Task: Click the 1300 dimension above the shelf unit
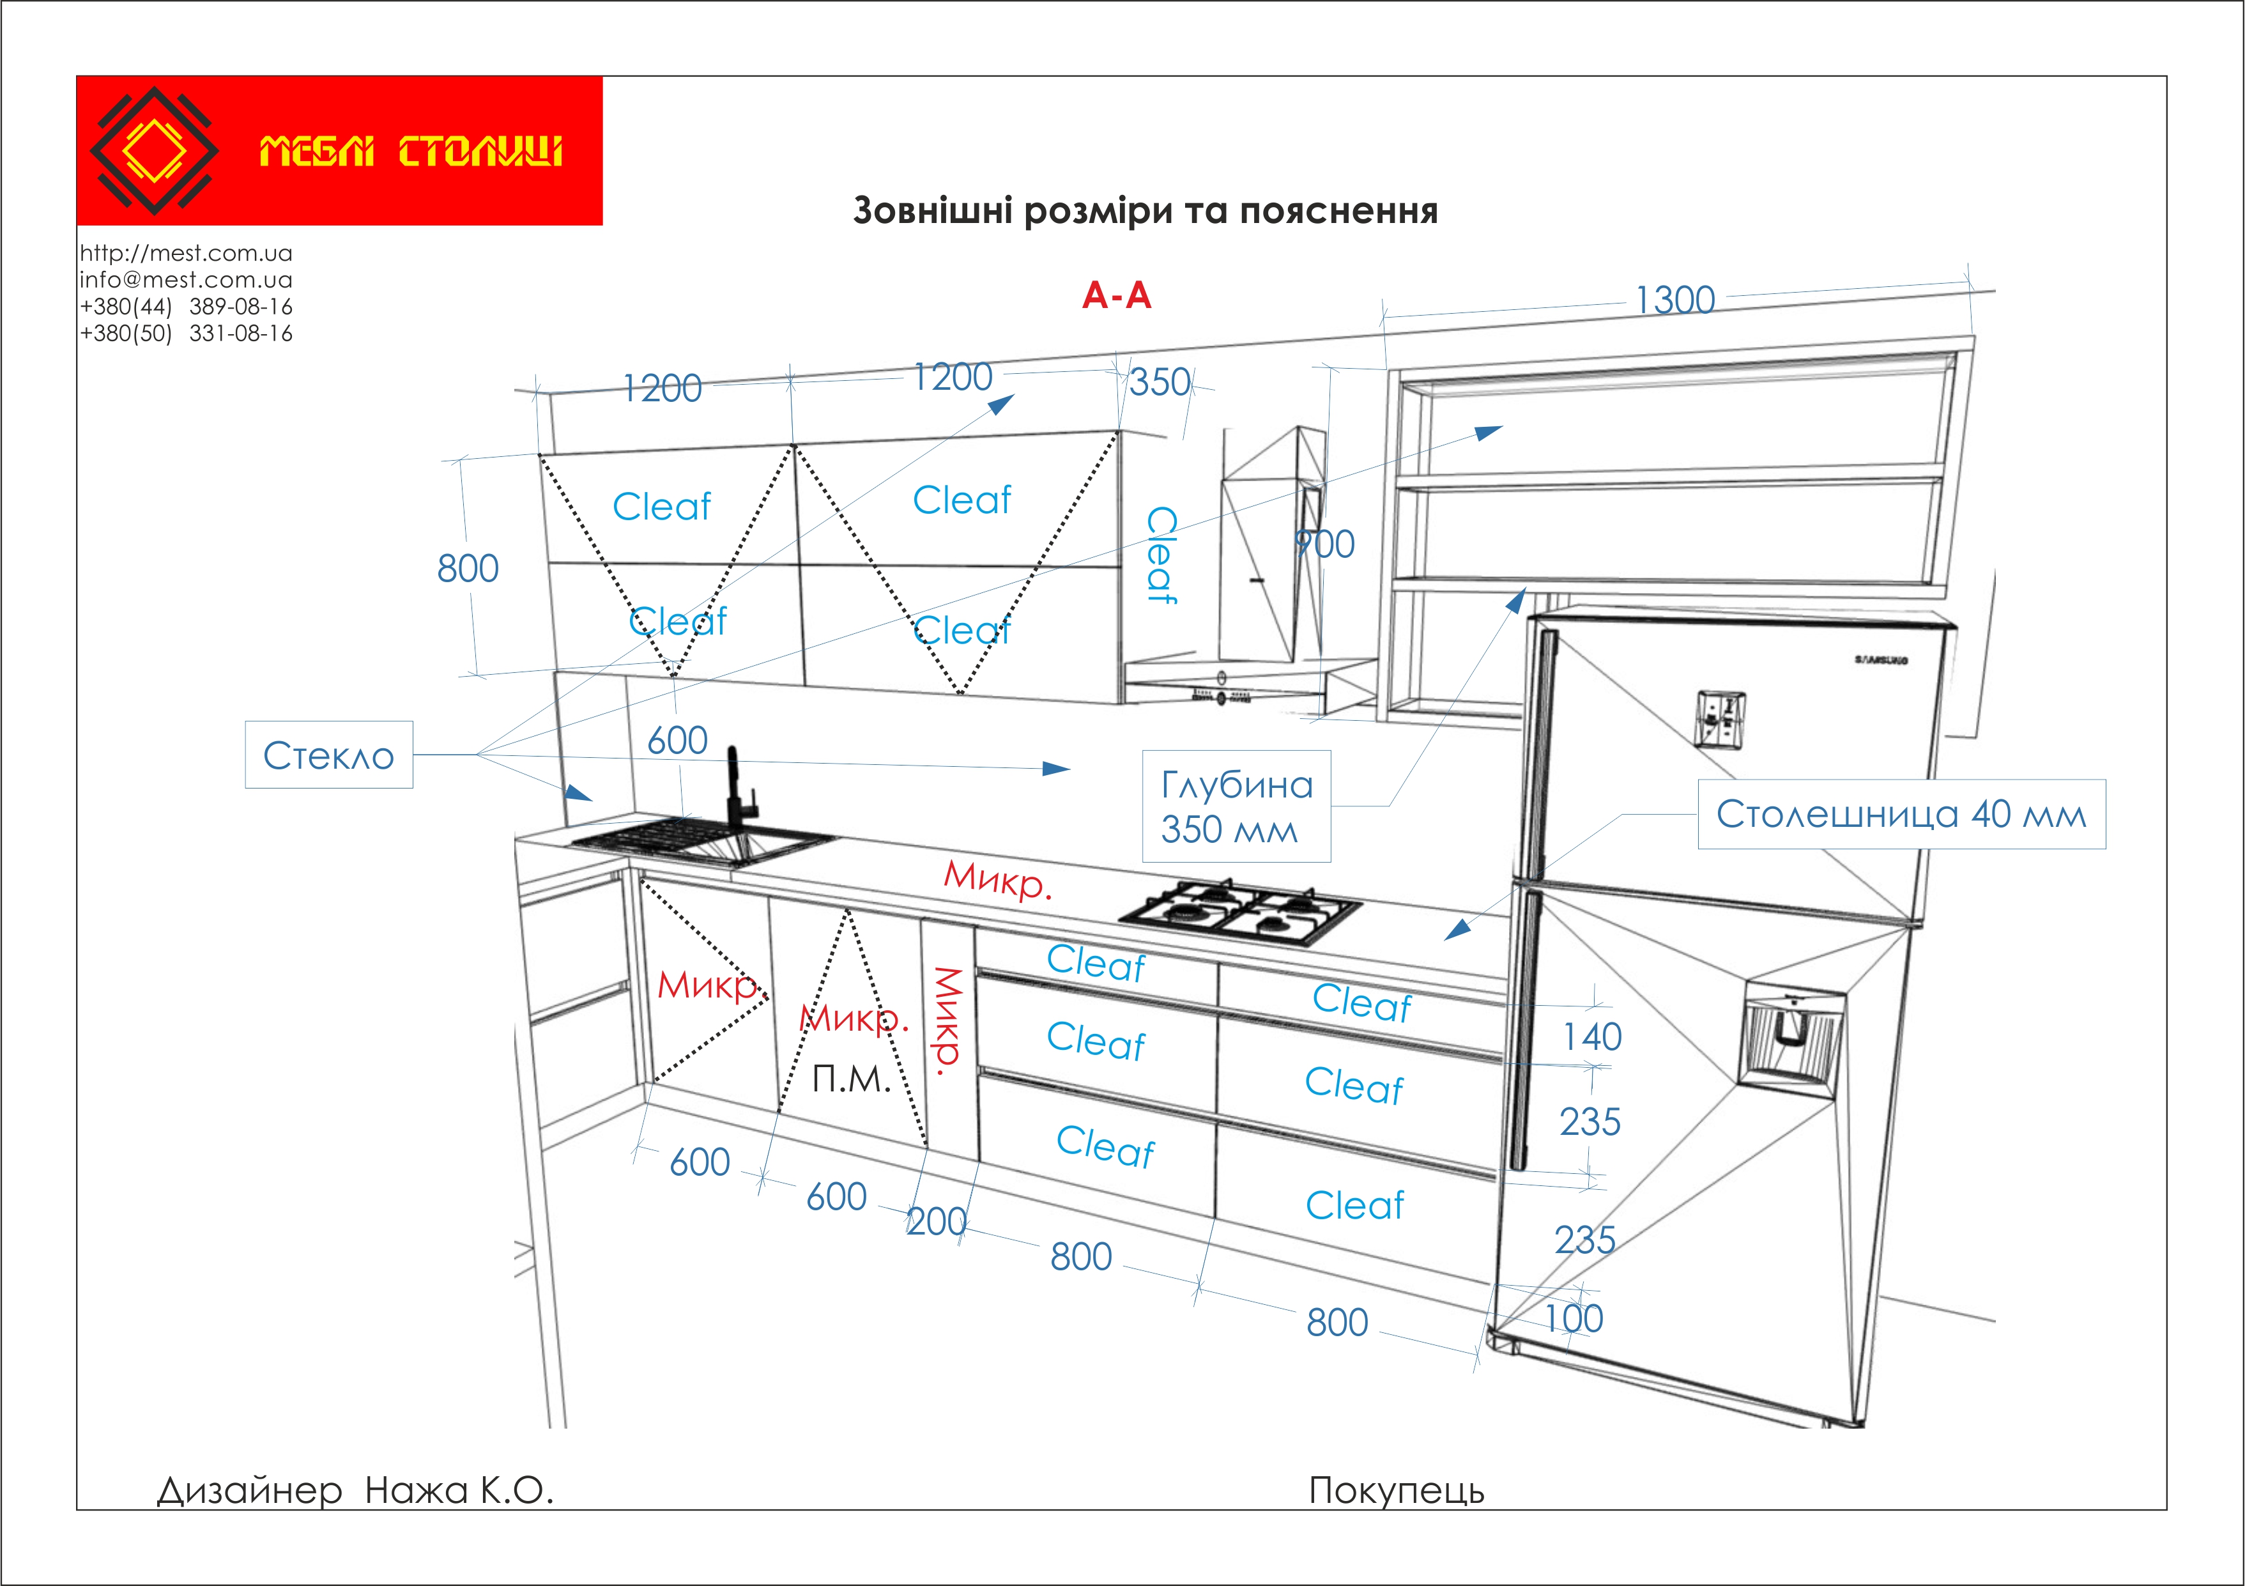pyautogui.click(x=1675, y=300)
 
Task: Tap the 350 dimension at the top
pyautogui.click(x=1160, y=382)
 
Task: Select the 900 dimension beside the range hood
pyautogui.click(x=1325, y=544)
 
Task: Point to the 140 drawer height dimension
pyautogui.click(x=1592, y=1036)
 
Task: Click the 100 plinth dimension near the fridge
pyautogui.click(x=1574, y=1318)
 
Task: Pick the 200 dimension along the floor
pyautogui.click(x=936, y=1221)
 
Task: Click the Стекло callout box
pyautogui.click(x=328, y=755)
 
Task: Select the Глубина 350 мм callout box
pyautogui.click(x=1237, y=806)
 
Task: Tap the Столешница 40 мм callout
pyautogui.click(x=1902, y=813)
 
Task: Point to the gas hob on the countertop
pyautogui.click(x=1240, y=913)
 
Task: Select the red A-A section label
pyautogui.click(x=1117, y=295)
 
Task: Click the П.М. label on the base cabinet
pyautogui.click(x=852, y=1079)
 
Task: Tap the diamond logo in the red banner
pyautogui.click(x=153, y=151)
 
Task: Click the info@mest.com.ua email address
pyautogui.click(x=186, y=280)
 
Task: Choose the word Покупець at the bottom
pyautogui.click(x=1397, y=1490)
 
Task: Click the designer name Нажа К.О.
pyautogui.click(x=459, y=1490)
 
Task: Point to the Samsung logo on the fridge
pyautogui.click(x=1880, y=660)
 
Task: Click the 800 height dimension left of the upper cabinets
pyautogui.click(x=468, y=568)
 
